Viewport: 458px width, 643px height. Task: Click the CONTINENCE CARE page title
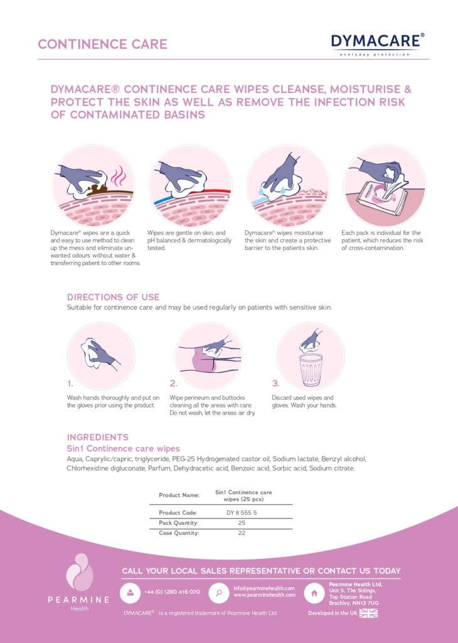[x=102, y=45]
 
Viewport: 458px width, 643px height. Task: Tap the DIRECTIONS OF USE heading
[x=113, y=297]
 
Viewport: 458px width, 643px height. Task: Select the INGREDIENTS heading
[x=97, y=437]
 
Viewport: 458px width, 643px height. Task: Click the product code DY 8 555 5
[x=242, y=512]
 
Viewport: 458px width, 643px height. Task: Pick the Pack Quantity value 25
[x=242, y=522]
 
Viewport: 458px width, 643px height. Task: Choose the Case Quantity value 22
[x=242, y=532]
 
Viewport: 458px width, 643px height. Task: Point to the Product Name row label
[x=179, y=495]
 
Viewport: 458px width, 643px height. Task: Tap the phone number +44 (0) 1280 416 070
[x=172, y=592]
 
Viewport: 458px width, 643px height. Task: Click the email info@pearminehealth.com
[x=264, y=588]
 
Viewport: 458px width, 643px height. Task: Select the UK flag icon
[x=368, y=613]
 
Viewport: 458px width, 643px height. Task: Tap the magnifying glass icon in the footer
[x=218, y=592]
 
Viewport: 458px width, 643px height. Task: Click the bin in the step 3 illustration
[x=311, y=369]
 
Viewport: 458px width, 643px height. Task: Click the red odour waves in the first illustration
[x=119, y=180]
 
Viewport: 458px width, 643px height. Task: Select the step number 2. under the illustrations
[x=173, y=383]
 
